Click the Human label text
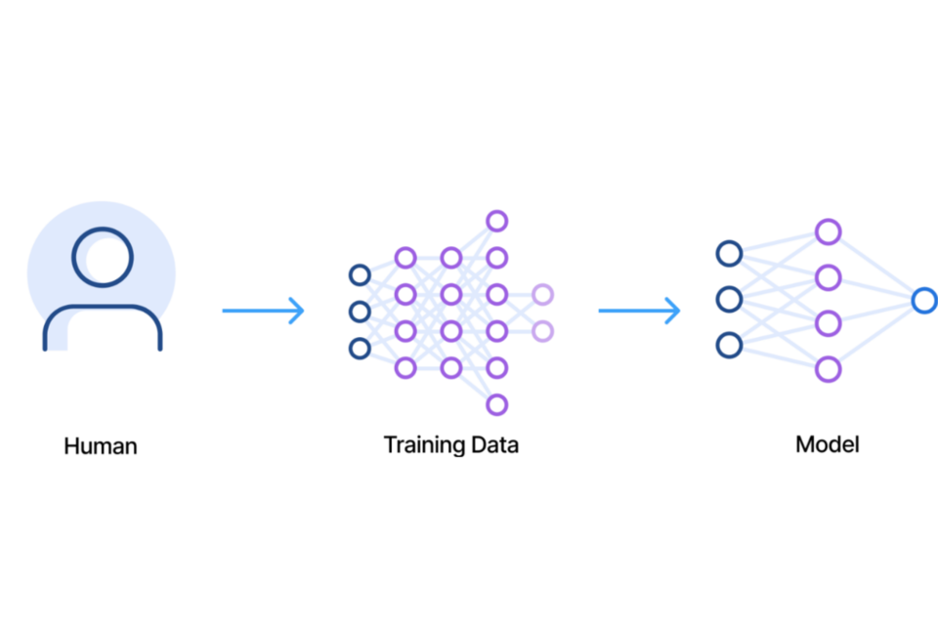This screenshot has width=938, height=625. [x=101, y=446]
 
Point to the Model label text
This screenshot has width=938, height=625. [x=828, y=445]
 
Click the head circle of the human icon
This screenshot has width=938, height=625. [x=102, y=257]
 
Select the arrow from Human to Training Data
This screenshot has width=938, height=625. [x=263, y=312]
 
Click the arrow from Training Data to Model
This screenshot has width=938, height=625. [x=639, y=312]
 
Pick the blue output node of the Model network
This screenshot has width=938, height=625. [x=923, y=301]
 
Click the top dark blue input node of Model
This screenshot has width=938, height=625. [x=729, y=254]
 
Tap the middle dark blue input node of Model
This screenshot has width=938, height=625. [x=729, y=299]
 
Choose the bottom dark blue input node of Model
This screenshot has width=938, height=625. [x=729, y=345]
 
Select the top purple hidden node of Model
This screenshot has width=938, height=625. [x=828, y=232]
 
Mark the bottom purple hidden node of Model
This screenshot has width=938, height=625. [x=828, y=369]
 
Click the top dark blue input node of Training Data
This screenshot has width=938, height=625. [x=360, y=275]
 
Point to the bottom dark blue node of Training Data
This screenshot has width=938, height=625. [x=360, y=348]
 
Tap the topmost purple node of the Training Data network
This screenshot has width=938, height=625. [x=496, y=221]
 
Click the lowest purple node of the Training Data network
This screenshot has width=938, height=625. [x=496, y=404]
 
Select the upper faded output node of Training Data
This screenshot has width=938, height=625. [x=542, y=294]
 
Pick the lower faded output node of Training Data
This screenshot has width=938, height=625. [x=542, y=331]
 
